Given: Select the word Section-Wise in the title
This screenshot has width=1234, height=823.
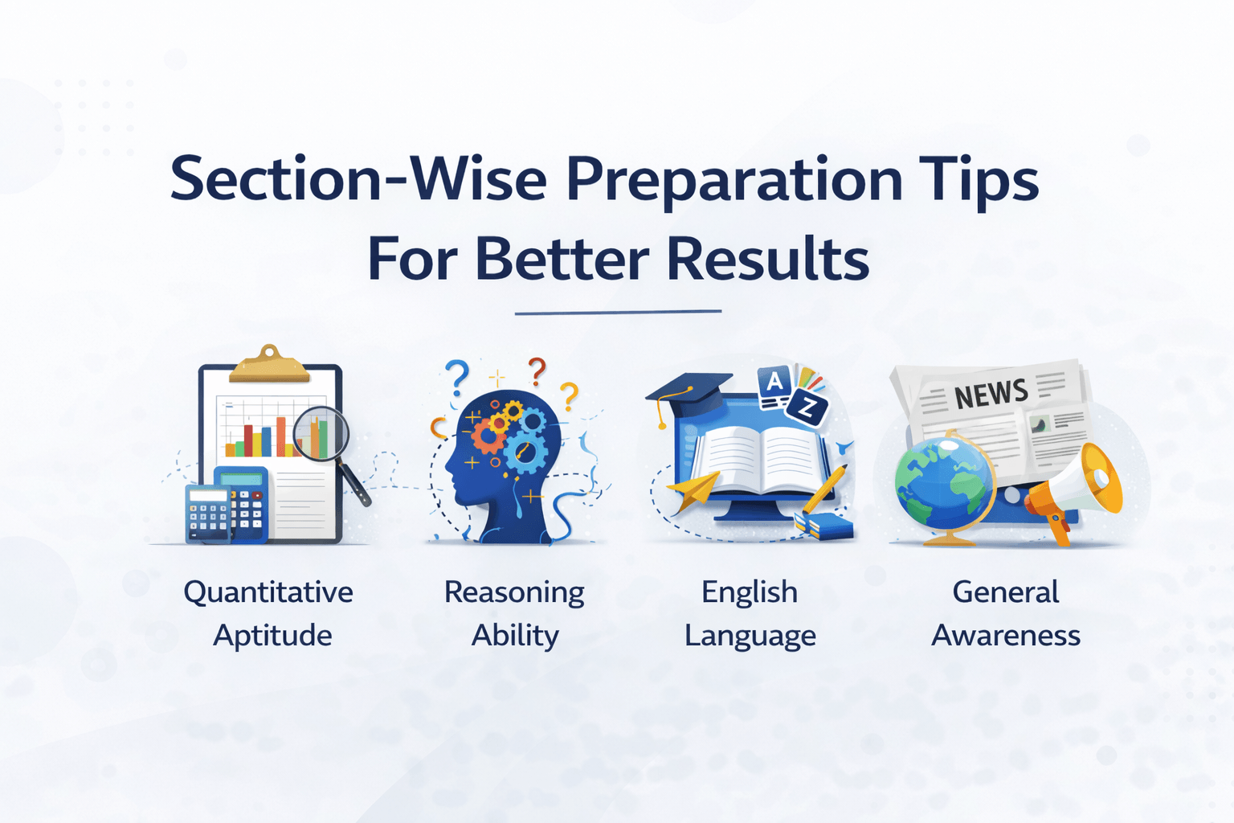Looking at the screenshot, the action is pyautogui.click(x=358, y=178).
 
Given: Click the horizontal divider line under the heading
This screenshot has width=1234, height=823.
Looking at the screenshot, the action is pyautogui.click(x=618, y=312).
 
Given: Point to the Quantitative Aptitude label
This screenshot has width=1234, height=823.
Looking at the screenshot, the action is pyautogui.click(x=269, y=613).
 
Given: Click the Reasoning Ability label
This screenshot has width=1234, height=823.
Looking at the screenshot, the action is pyautogui.click(x=514, y=613).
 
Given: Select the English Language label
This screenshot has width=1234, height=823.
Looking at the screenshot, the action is pyautogui.click(x=750, y=613).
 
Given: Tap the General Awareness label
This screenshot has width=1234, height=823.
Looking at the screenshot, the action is pyautogui.click(x=1006, y=613).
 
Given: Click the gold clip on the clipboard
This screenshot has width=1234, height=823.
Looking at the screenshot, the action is pyautogui.click(x=269, y=364).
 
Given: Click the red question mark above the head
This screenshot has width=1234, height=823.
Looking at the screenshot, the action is pyautogui.click(x=537, y=371).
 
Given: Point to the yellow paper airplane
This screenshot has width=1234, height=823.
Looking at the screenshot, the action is pyautogui.click(x=695, y=490).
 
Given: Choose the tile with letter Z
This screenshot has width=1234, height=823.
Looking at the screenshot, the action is pyautogui.click(x=807, y=408).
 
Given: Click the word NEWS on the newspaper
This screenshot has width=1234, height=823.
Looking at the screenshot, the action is pyautogui.click(x=991, y=394).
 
